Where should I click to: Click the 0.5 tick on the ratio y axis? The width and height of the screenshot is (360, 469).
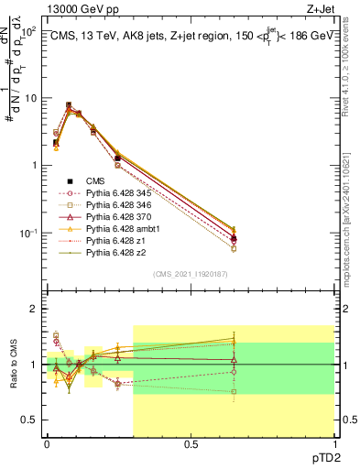coord(28,420)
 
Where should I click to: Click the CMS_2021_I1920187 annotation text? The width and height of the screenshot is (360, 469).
coord(191,273)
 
